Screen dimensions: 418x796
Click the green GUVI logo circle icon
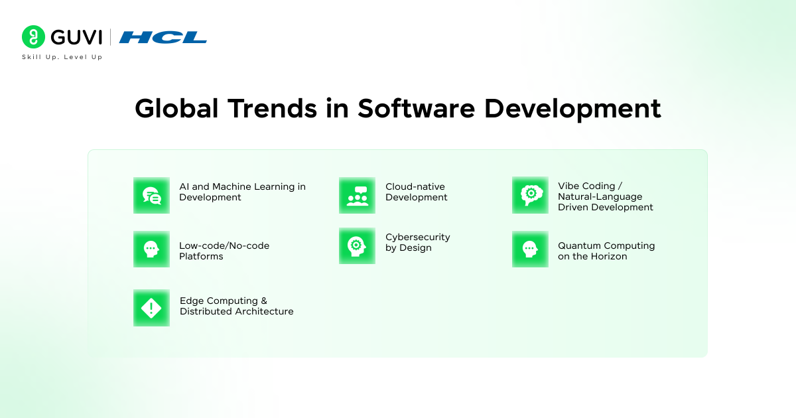33,36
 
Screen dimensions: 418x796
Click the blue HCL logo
163,37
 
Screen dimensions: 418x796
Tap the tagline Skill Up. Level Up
62,57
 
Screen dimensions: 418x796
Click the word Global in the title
176,108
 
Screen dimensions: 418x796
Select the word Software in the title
416,108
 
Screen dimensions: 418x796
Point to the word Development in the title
572,109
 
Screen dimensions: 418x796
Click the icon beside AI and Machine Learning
151,195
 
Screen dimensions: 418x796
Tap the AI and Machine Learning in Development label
242,192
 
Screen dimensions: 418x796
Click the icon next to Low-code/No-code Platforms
151,249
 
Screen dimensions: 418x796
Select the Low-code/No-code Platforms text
224,251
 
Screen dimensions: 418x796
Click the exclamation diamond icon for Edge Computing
151,308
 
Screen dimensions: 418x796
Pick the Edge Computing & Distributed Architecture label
236,306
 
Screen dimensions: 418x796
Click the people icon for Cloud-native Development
357,195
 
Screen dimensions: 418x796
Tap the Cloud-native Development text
416,192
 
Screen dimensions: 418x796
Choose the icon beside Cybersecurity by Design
357,245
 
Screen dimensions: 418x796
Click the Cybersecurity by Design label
417,242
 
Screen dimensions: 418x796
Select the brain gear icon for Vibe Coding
530,195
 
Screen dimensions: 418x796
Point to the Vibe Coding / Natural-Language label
605,196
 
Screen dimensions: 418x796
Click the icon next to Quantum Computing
530,249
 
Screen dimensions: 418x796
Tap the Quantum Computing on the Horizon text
606,251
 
